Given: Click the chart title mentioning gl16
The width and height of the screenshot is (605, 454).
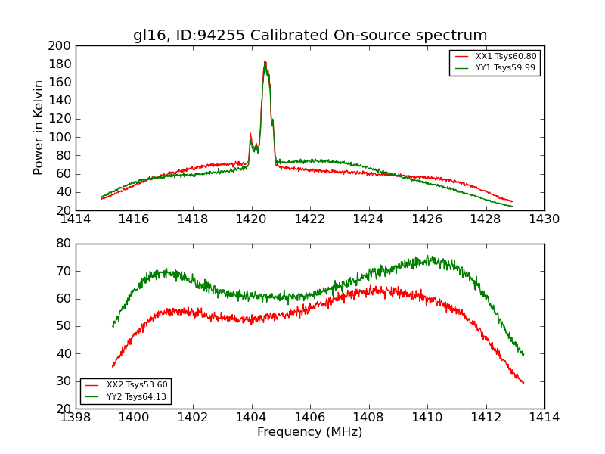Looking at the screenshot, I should [x=310, y=36].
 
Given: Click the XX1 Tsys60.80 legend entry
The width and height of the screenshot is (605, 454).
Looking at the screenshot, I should [x=505, y=57].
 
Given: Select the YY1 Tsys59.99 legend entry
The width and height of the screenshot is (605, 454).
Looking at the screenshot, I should [x=505, y=68].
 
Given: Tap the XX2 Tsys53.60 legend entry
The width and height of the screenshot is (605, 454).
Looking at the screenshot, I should [x=136, y=385].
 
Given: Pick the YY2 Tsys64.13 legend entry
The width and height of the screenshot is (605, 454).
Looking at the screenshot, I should [x=136, y=396].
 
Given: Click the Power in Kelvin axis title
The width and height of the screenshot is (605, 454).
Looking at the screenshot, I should [x=39, y=128].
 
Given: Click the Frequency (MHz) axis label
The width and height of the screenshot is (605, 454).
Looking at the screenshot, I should [x=310, y=432].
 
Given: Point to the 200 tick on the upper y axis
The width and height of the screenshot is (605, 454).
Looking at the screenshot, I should [x=60, y=46].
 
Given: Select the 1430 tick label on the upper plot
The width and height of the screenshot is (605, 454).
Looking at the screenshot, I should [x=544, y=219].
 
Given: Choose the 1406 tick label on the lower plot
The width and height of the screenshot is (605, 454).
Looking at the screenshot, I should [x=310, y=418].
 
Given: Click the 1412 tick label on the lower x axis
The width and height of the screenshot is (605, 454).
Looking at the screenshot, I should [x=486, y=418].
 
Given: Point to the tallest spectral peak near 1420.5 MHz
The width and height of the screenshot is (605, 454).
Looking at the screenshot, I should [x=265, y=62].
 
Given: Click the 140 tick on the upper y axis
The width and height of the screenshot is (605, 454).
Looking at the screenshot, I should [x=60, y=101].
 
